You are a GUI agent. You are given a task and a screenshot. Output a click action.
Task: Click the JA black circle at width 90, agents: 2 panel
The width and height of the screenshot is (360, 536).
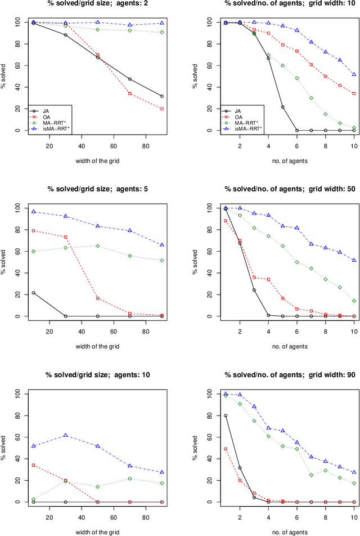click(x=162, y=96)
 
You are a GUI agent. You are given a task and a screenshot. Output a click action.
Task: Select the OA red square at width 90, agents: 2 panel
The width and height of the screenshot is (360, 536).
click(x=162, y=109)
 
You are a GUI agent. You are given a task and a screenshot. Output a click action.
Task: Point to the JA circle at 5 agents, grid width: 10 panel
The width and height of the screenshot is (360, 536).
click(x=282, y=107)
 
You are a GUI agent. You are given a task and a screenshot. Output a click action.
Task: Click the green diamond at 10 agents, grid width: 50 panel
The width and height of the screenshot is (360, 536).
click(x=354, y=301)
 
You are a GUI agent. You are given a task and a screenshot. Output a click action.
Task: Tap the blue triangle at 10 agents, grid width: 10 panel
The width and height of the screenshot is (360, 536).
click(x=354, y=74)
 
